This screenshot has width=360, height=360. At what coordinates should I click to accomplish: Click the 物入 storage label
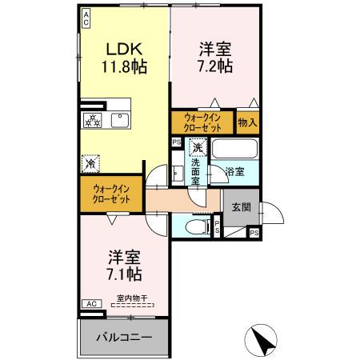248,122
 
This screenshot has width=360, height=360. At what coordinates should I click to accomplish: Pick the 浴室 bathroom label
234,171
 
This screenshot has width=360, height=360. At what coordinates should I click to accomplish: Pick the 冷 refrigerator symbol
90,163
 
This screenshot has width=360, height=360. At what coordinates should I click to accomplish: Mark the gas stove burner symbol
93,121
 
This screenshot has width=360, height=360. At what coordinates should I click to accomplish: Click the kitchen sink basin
120,120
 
